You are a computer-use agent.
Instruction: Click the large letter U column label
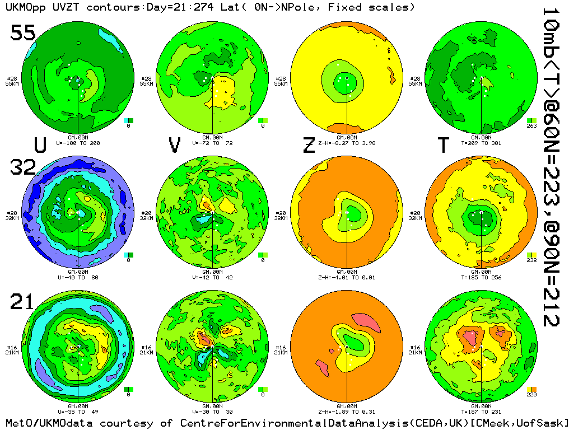point(40,145)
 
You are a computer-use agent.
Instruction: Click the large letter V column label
point(175,145)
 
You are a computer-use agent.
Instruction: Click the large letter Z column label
point(309,145)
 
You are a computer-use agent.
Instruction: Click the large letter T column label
point(444,145)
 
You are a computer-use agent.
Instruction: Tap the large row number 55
point(24,34)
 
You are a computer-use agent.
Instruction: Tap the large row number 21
point(22,302)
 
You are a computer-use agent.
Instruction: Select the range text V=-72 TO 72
point(212,143)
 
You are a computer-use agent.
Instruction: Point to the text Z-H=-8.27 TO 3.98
point(347,143)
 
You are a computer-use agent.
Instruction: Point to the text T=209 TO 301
point(481,143)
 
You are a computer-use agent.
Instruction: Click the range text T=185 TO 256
point(481,277)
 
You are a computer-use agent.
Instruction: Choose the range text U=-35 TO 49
point(78,412)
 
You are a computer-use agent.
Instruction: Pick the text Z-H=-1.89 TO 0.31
point(347,412)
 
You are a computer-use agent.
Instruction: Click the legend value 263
point(531,126)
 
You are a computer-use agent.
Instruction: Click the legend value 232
point(531,260)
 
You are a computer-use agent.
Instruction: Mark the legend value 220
point(531,395)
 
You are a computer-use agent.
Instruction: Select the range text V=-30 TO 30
point(212,412)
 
